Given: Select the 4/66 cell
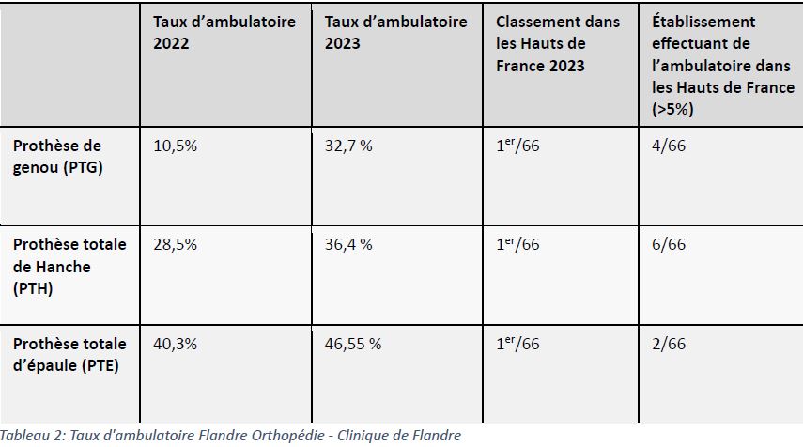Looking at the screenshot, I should pyautogui.click(x=669, y=146).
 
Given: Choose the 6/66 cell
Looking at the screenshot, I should pyautogui.click(x=669, y=245).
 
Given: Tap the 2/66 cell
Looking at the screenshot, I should pyautogui.click(x=669, y=344).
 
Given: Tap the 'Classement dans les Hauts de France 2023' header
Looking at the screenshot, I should pyautogui.click(x=560, y=43).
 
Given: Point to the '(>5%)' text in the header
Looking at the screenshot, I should pyautogui.click(x=673, y=110).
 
